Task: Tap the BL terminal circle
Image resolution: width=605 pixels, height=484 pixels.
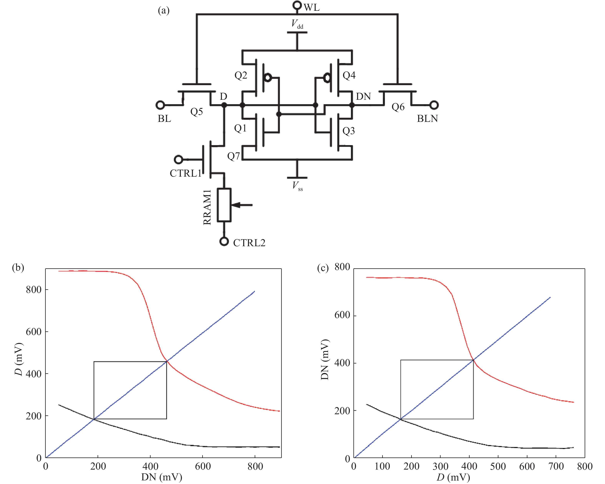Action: (x=160, y=105)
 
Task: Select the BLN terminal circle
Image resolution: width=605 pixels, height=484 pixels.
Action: (x=434, y=105)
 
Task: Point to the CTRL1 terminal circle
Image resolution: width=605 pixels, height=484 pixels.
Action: (x=178, y=160)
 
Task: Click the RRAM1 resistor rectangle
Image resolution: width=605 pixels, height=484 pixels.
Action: (x=224, y=205)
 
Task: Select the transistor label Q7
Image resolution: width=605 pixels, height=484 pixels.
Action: (x=234, y=156)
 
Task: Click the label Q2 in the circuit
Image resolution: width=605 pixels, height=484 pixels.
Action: (x=241, y=75)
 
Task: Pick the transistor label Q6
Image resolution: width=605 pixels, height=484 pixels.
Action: (x=398, y=107)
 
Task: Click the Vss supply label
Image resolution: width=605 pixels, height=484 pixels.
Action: (x=297, y=186)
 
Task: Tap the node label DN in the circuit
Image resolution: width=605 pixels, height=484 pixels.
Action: (x=363, y=97)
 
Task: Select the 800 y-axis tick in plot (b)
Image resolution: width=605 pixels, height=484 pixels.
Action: (x=34, y=290)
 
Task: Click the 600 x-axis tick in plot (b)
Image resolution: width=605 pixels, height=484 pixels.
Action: (x=203, y=467)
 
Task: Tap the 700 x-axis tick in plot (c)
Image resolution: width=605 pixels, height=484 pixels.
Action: (x=556, y=467)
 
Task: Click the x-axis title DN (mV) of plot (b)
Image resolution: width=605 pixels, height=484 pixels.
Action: (x=162, y=477)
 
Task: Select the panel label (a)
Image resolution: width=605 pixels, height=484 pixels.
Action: (x=164, y=11)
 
